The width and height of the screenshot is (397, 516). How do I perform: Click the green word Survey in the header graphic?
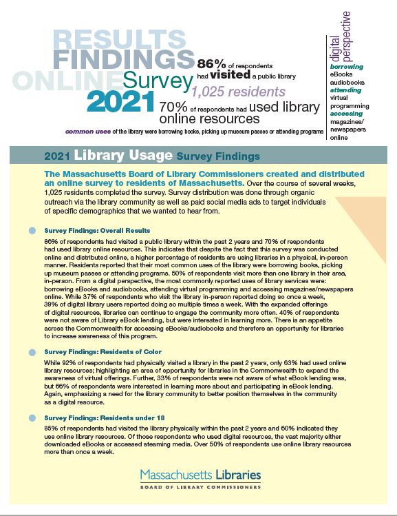pyautogui.click(x=156, y=81)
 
